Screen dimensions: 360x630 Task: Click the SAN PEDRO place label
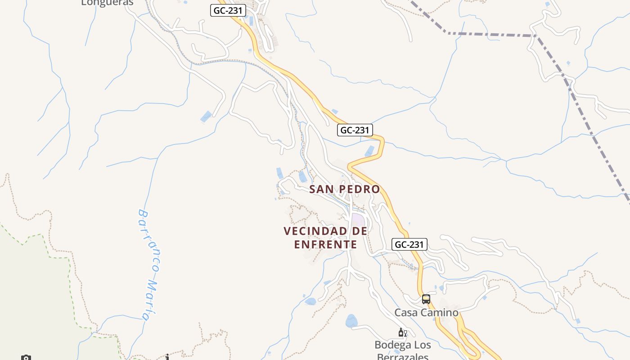344,189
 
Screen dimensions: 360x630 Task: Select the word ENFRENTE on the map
325,244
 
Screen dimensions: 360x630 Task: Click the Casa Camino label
426,312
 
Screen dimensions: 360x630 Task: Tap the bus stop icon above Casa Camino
426,299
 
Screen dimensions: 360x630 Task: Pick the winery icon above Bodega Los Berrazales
402,333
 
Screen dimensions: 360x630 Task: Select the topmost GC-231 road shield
228,11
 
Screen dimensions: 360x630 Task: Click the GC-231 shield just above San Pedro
355,130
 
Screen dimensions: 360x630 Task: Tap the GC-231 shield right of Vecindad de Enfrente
409,244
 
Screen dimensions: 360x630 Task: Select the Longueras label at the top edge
107,3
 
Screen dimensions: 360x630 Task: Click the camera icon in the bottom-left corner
26,358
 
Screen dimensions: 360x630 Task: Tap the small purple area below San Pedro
358,220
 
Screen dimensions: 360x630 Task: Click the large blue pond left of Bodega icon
351,321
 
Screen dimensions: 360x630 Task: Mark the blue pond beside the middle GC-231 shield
369,151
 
